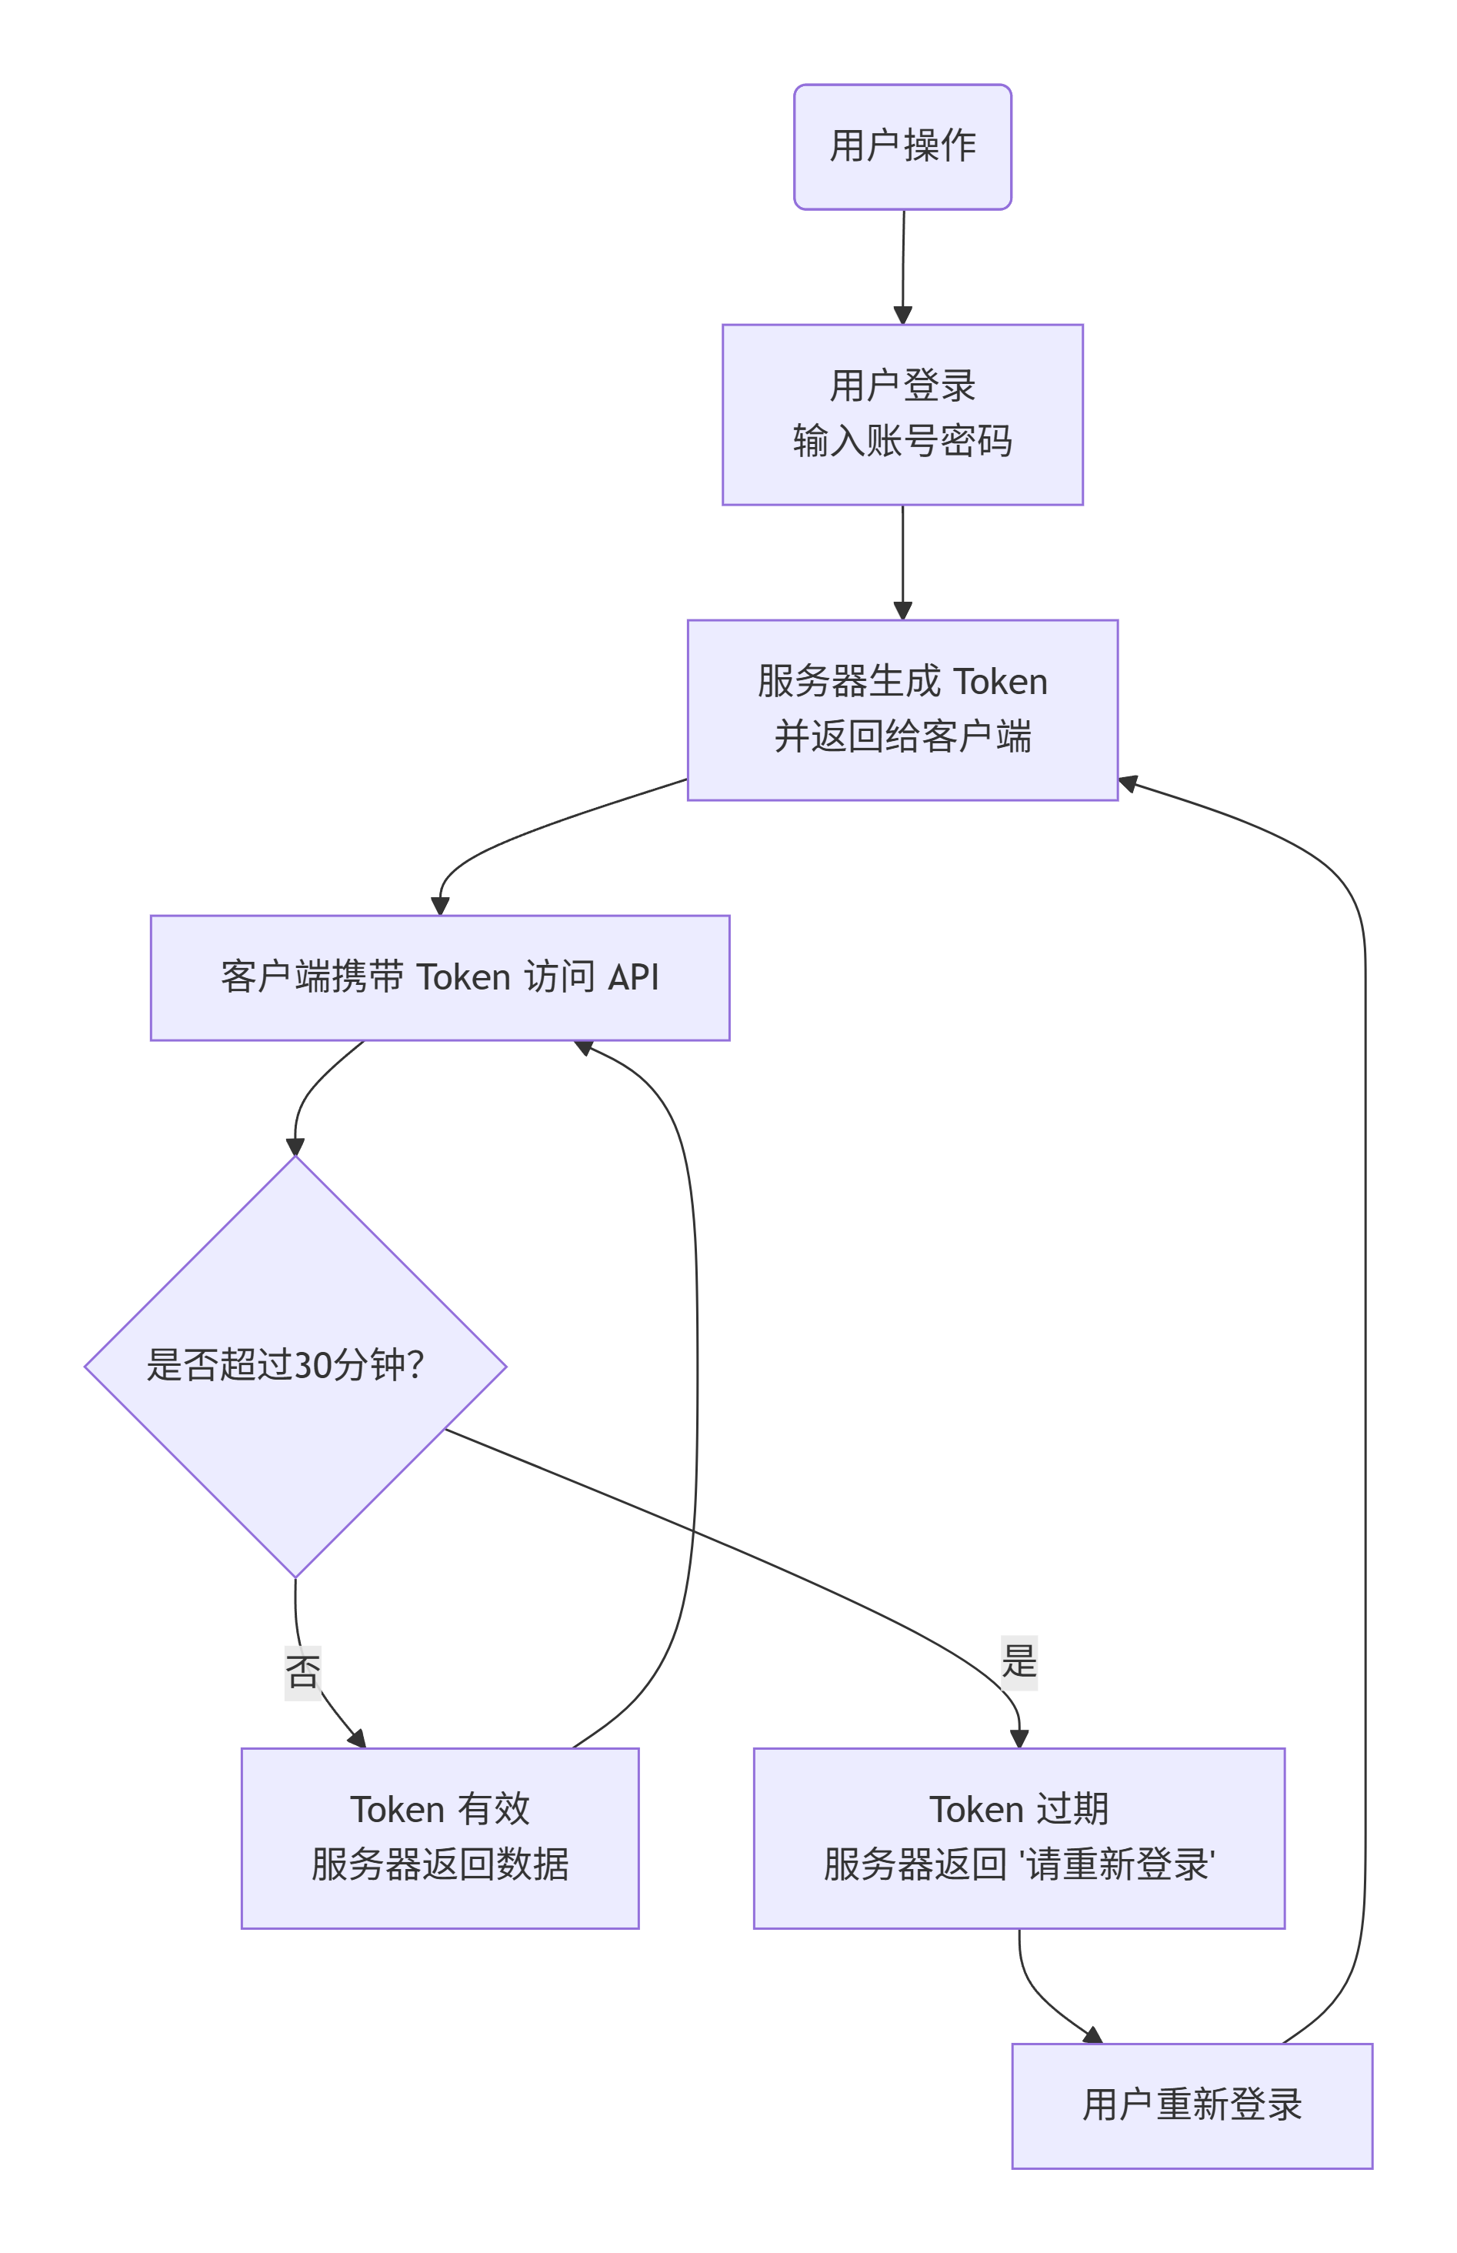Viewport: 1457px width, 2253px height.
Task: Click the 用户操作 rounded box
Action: coord(902,147)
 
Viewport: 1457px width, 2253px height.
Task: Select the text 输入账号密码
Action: coord(902,441)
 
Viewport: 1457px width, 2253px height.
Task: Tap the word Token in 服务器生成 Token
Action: coord(999,681)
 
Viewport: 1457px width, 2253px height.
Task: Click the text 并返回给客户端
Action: coord(902,736)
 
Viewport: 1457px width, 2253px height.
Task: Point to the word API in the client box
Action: coord(632,976)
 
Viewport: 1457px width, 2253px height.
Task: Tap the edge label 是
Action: coord(1019,1661)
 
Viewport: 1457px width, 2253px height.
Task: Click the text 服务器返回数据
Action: coord(440,1864)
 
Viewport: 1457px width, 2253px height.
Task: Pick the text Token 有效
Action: coord(440,1809)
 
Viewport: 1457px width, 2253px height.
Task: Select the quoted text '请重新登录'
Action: coord(1117,1864)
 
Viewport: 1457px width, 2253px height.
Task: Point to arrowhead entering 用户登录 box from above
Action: coord(902,315)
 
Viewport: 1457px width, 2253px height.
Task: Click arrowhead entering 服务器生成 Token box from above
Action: coord(902,610)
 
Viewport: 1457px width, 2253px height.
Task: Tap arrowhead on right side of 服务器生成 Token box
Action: coord(1128,783)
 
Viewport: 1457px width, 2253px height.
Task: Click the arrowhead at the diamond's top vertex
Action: coord(295,1146)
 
